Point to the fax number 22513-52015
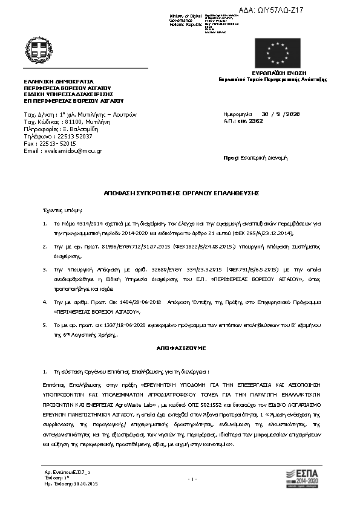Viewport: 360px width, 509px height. coord(63,144)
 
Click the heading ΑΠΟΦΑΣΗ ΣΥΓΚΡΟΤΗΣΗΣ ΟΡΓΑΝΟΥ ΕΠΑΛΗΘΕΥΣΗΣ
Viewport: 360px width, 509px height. coord(181,192)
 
